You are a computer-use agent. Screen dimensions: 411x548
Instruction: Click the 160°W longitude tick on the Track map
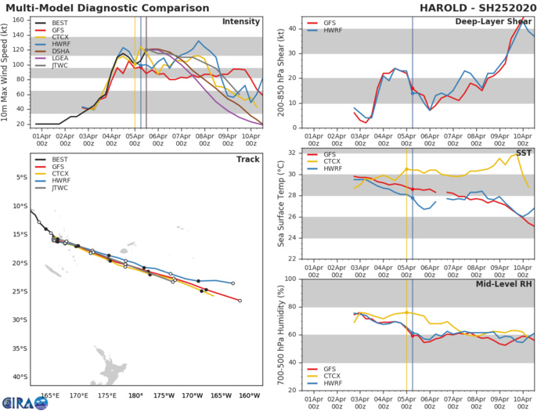click(x=250, y=395)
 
